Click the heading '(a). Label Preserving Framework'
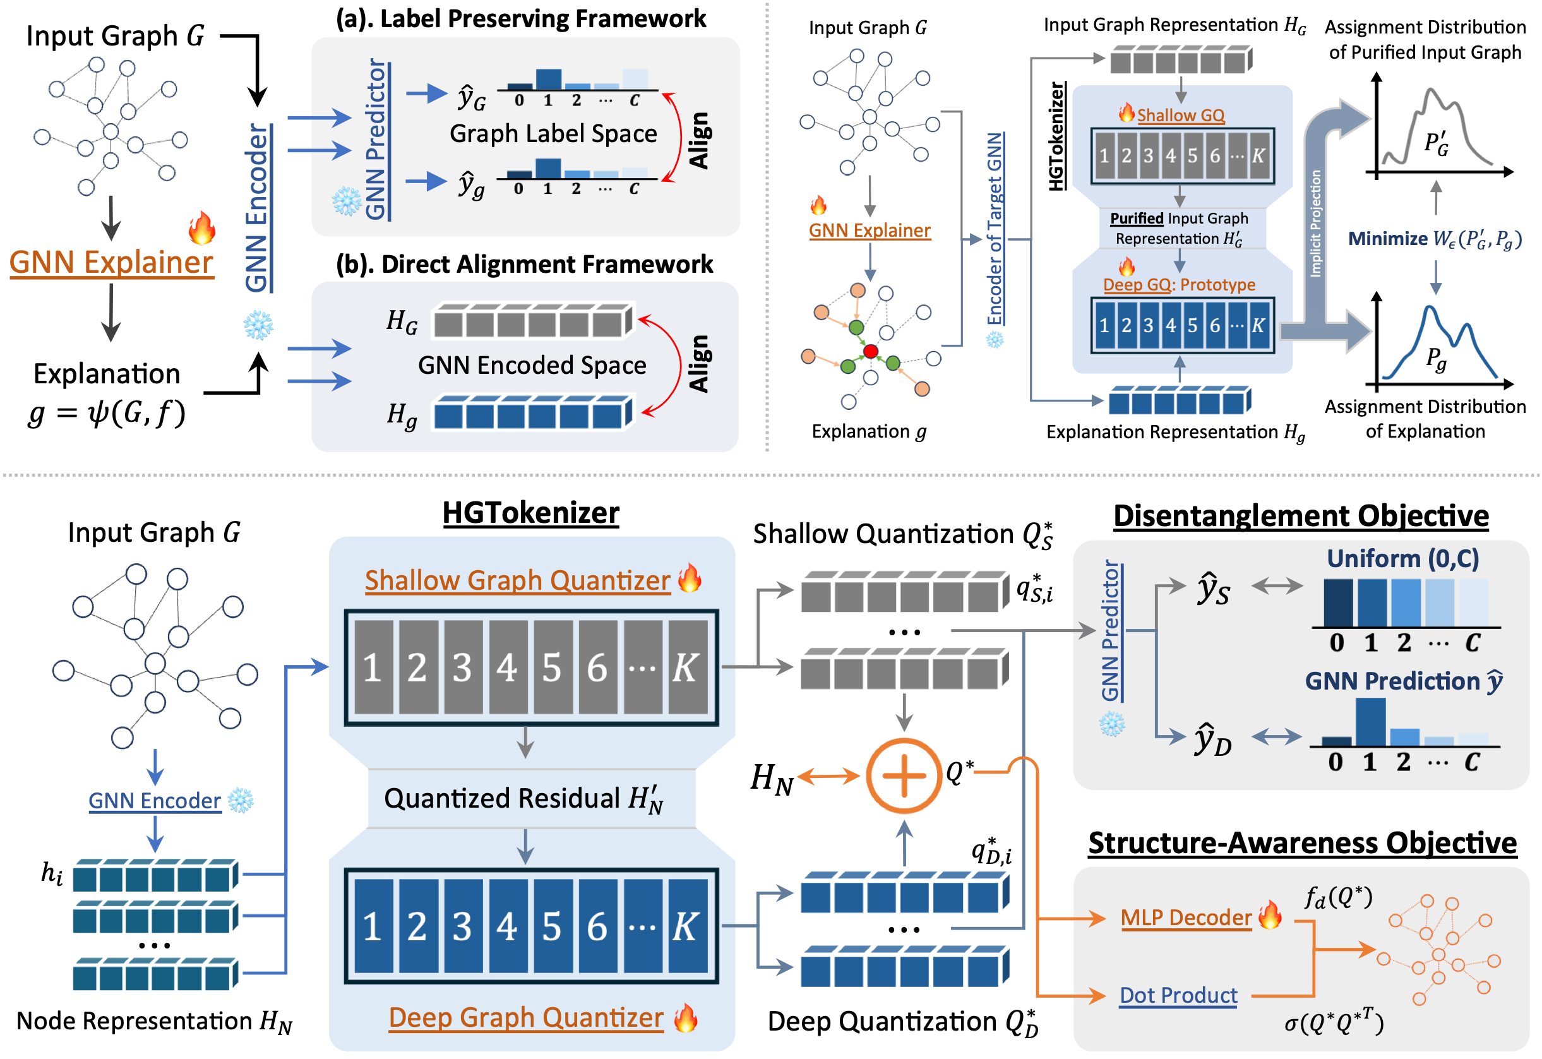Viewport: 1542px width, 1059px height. click(521, 18)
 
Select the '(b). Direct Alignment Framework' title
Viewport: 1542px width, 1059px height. click(524, 264)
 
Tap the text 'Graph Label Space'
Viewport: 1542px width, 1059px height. click(553, 134)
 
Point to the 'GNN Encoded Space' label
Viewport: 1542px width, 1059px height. click(532, 366)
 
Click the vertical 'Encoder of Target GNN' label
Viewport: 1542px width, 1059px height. click(995, 229)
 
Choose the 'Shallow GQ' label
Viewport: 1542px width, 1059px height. click(1180, 116)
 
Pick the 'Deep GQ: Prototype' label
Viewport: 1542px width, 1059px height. click(1179, 285)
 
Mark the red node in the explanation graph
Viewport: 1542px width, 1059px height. click(871, 351)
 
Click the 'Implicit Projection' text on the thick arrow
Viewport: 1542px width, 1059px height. click(1315, 223)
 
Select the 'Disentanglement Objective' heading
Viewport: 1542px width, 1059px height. click(1301, 516)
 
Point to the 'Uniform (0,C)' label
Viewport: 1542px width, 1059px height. click(1402, 559)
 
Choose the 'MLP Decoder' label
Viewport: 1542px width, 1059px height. click(1186, 918)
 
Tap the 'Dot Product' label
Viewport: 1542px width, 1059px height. click(1178, 995)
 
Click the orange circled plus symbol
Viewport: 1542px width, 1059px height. click(904, 775)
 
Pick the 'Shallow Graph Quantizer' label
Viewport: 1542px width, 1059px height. click(518, 580)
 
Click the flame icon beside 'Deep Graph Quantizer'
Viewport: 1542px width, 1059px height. click(686, 1018)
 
